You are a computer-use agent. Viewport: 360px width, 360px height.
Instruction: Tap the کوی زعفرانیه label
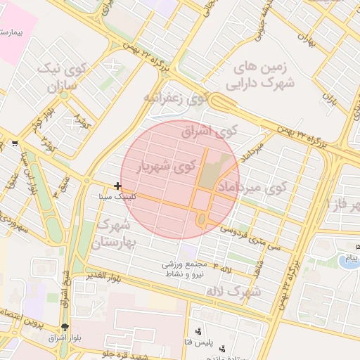[x=176, y=98]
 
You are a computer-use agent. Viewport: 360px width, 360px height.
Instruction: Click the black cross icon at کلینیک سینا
[x=117, y=186]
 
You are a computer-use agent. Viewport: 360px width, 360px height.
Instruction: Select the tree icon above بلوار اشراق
[x=65, y=328]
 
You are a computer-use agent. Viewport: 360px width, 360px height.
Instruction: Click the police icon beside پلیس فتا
[x=199, y=331]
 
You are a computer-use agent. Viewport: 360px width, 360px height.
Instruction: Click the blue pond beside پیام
[x=347, y=262]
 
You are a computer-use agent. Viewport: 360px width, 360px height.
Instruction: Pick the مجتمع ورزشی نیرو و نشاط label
[x=184, y=269]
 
